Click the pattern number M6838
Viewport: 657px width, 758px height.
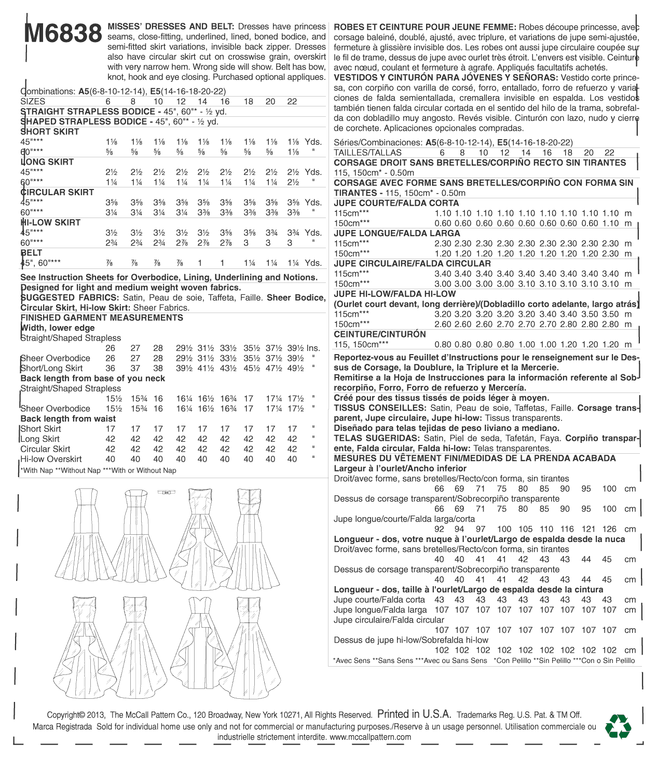point(63,34)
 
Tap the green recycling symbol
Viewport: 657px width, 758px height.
point(618,726)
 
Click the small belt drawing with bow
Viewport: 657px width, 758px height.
point(167,492)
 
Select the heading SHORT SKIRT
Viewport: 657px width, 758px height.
point(50,132)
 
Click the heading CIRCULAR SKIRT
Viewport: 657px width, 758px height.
point(57,192)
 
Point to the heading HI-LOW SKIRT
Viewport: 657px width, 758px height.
point(51,223)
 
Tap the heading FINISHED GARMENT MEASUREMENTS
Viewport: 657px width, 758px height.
point(102,318)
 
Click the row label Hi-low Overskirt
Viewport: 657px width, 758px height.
point(51,459)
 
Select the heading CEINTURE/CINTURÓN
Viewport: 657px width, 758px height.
point(380,334)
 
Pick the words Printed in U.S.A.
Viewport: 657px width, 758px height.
point(414,714)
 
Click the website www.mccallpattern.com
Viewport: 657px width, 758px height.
point(370,737)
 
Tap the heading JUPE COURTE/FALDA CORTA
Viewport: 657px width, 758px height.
point(396,203)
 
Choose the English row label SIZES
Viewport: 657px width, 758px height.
point(33,102)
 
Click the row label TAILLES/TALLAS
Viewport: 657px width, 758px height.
point(368,153)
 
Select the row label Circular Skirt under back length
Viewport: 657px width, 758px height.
point(46,449)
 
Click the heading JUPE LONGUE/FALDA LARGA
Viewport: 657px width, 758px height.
point(397,233)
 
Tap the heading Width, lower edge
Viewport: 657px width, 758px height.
point(58,328)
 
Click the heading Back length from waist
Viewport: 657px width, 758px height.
point(68,418)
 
